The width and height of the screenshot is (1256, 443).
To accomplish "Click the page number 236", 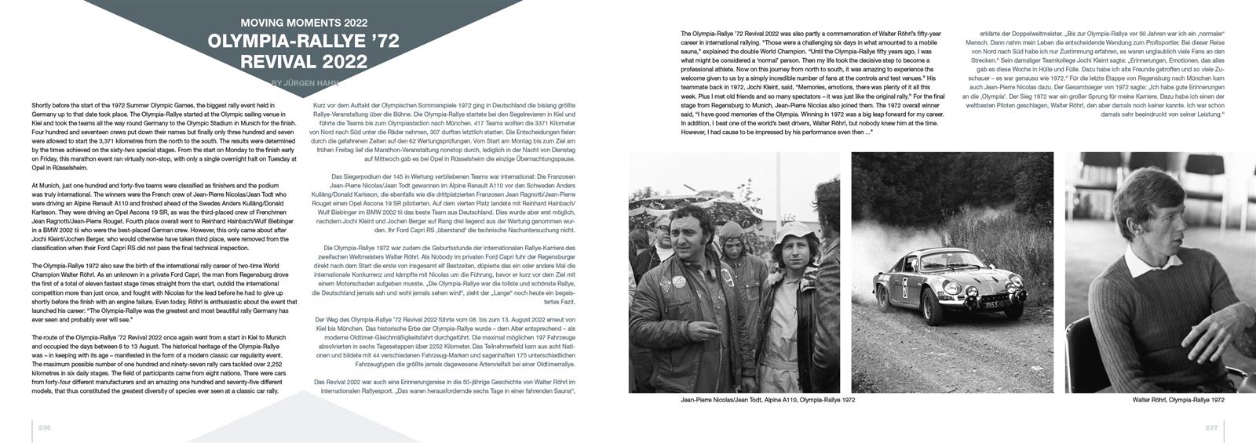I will click(45, 427).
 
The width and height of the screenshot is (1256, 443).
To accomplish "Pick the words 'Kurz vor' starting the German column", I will click(323, 105).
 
